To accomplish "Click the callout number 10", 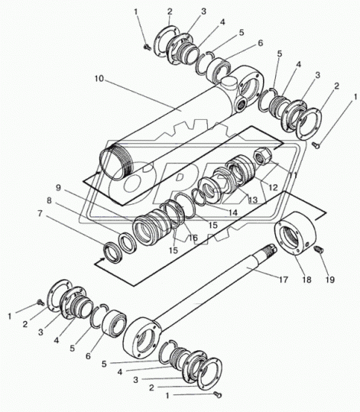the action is tap(99, 79).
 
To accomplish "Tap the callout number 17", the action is tap(284, 280).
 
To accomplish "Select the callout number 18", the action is tap(306, 280).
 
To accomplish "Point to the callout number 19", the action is tap(329, 280).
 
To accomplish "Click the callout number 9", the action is tap(58, 188).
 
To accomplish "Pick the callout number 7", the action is tap(40, 213).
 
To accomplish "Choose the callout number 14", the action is tap(232, 212).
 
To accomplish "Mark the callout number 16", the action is tap(193, 238).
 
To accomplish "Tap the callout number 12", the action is tap(273, 187).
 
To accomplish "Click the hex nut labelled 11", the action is tap(261, 156).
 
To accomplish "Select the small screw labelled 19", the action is tap(319, 249).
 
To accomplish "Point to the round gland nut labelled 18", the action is tap(295, 234).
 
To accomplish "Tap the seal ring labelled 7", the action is tap(113, 253).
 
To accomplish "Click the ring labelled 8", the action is tap(127, 243).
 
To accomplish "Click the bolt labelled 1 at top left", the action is tap(147, 47).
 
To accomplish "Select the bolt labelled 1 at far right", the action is tap(316, 144).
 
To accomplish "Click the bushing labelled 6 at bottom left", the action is tap(113, 324).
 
